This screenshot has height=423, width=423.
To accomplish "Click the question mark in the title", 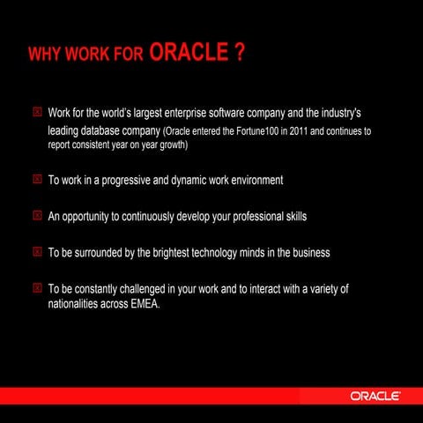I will coord(241,53).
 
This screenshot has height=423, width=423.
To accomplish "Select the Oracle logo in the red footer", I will coord(376,396).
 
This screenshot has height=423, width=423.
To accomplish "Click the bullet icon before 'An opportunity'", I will coord(36,216).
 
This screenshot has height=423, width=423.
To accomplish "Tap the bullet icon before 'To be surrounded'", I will coord(36,252).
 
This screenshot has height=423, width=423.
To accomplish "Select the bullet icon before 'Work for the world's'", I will coord(36,114).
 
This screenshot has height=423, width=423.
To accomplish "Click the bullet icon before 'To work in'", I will coord(36,180).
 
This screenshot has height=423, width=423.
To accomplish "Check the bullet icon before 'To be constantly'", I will coord(36,288).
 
